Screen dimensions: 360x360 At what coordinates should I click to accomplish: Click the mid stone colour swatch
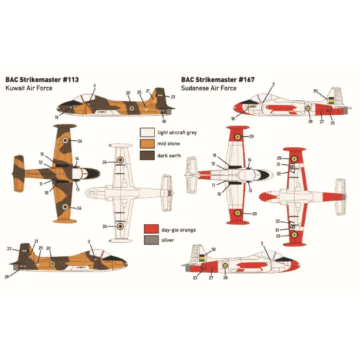(x=146, y=143)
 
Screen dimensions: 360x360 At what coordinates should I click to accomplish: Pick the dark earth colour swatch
(x=146, y=155)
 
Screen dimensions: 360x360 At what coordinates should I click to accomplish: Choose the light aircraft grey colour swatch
(x=146, y=132)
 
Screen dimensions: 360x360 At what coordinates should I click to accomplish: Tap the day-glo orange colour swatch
(x=149, y=230)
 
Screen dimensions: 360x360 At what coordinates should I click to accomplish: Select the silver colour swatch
(x=149, y=242)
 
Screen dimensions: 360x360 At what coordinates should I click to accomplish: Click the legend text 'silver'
(x=168, y=242)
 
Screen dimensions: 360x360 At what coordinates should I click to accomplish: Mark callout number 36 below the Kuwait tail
(x=164, y=122)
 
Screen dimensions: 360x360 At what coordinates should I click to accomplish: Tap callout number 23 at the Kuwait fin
(x=173, y=97)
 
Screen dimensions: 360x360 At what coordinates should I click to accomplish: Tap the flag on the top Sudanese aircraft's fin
(x=333, y=100)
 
